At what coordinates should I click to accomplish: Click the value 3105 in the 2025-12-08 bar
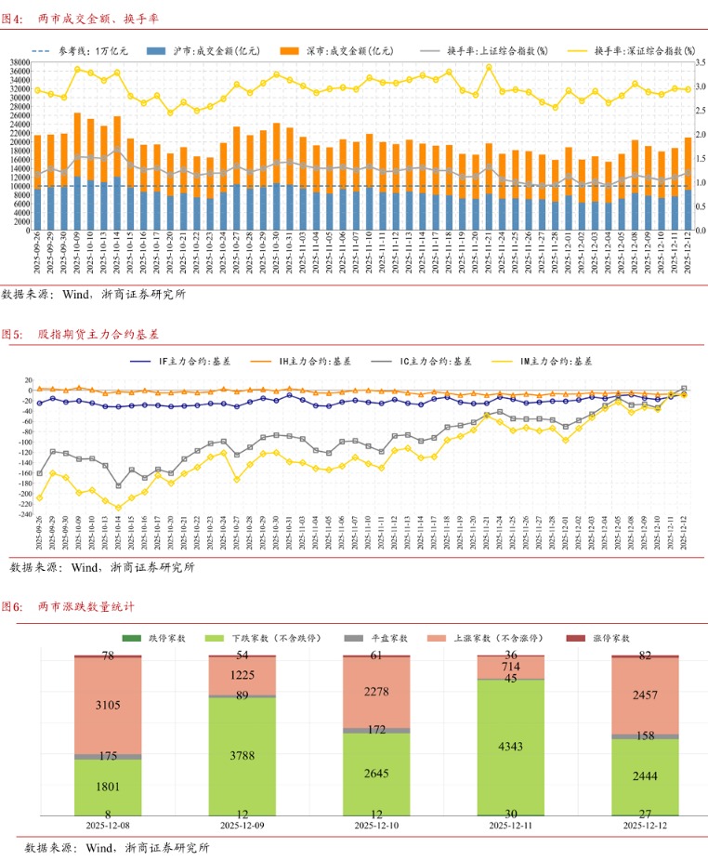coord(109,707)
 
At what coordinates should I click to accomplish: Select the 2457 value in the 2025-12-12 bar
coord(645,695)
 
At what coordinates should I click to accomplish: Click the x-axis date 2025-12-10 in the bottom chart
coord(376,825)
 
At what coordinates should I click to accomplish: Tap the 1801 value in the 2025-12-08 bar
coord(109,787)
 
